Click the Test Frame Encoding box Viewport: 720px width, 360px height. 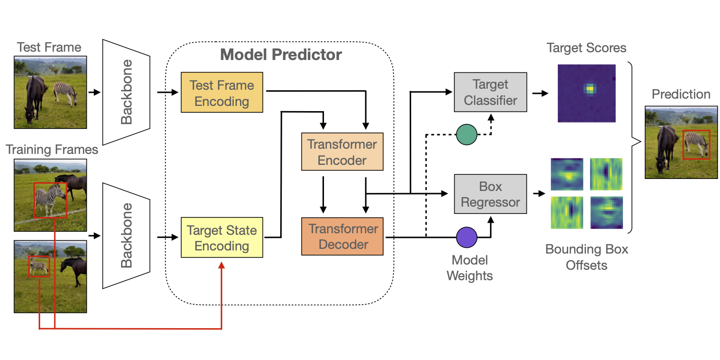[x=222, y=93]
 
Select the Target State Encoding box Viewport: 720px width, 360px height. [x=222, y=238]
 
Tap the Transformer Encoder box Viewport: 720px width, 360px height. [x=342, y=152]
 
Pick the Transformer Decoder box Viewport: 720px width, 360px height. [x=342, y=236]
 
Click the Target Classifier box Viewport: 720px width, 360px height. [x=490, y=92]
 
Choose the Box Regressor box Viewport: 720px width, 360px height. [x=490, y=194]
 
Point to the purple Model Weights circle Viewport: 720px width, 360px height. [x=467, y=236]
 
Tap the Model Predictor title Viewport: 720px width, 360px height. [x=281, y=55]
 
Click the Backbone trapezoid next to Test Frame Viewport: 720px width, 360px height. [x=127, y=92]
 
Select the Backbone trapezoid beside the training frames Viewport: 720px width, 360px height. [x=127, y=235]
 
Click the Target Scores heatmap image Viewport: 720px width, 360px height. [x=586, y=93]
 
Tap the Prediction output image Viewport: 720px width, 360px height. [x=681, y=142]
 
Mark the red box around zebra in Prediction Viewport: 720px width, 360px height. [x=697, y=145]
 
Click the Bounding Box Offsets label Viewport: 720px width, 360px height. [x=586, y=257]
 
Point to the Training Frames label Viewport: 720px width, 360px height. [x=52, y=150]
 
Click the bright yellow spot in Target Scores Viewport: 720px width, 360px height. [x=590, y=89]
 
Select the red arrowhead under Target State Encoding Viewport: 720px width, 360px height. [x=222, y=265]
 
